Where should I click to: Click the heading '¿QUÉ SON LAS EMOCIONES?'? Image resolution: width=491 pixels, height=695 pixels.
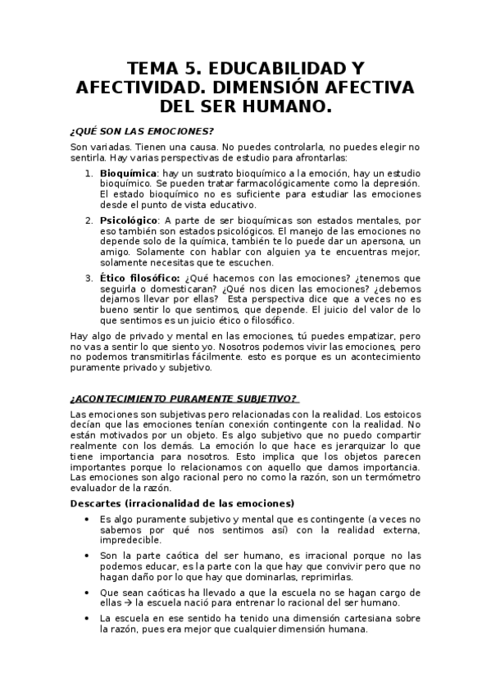142,131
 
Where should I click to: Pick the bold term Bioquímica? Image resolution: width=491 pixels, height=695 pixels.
128,175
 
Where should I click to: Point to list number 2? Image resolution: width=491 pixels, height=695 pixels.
89,221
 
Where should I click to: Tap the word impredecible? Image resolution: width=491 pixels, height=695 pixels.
131,540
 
